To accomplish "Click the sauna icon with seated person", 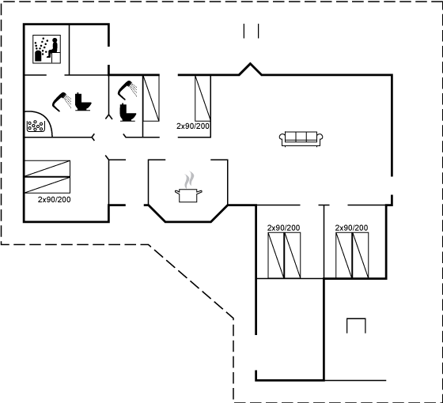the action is [47, 49].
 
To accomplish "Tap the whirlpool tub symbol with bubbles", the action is [36, 126].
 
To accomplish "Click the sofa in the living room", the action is [301, 139].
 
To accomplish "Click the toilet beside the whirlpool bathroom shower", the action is [83, 102].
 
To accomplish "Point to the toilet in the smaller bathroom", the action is [127, 112].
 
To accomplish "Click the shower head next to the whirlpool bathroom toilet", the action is [62, 102].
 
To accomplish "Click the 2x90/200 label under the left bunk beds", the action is [55, 199].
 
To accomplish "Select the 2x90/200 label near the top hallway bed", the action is [193, 126].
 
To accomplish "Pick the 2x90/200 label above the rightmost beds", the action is [351, 228].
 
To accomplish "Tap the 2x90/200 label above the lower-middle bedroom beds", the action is [284, 228].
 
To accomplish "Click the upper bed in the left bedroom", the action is [47, 168].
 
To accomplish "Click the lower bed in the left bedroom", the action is [47, 185].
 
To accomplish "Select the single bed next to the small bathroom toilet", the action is [151, 98].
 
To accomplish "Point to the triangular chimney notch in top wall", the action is [250, 69].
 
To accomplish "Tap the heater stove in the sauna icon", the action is [38, 56].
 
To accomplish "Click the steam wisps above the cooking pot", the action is [190, 179].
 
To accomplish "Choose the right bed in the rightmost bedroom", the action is [361, 255].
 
